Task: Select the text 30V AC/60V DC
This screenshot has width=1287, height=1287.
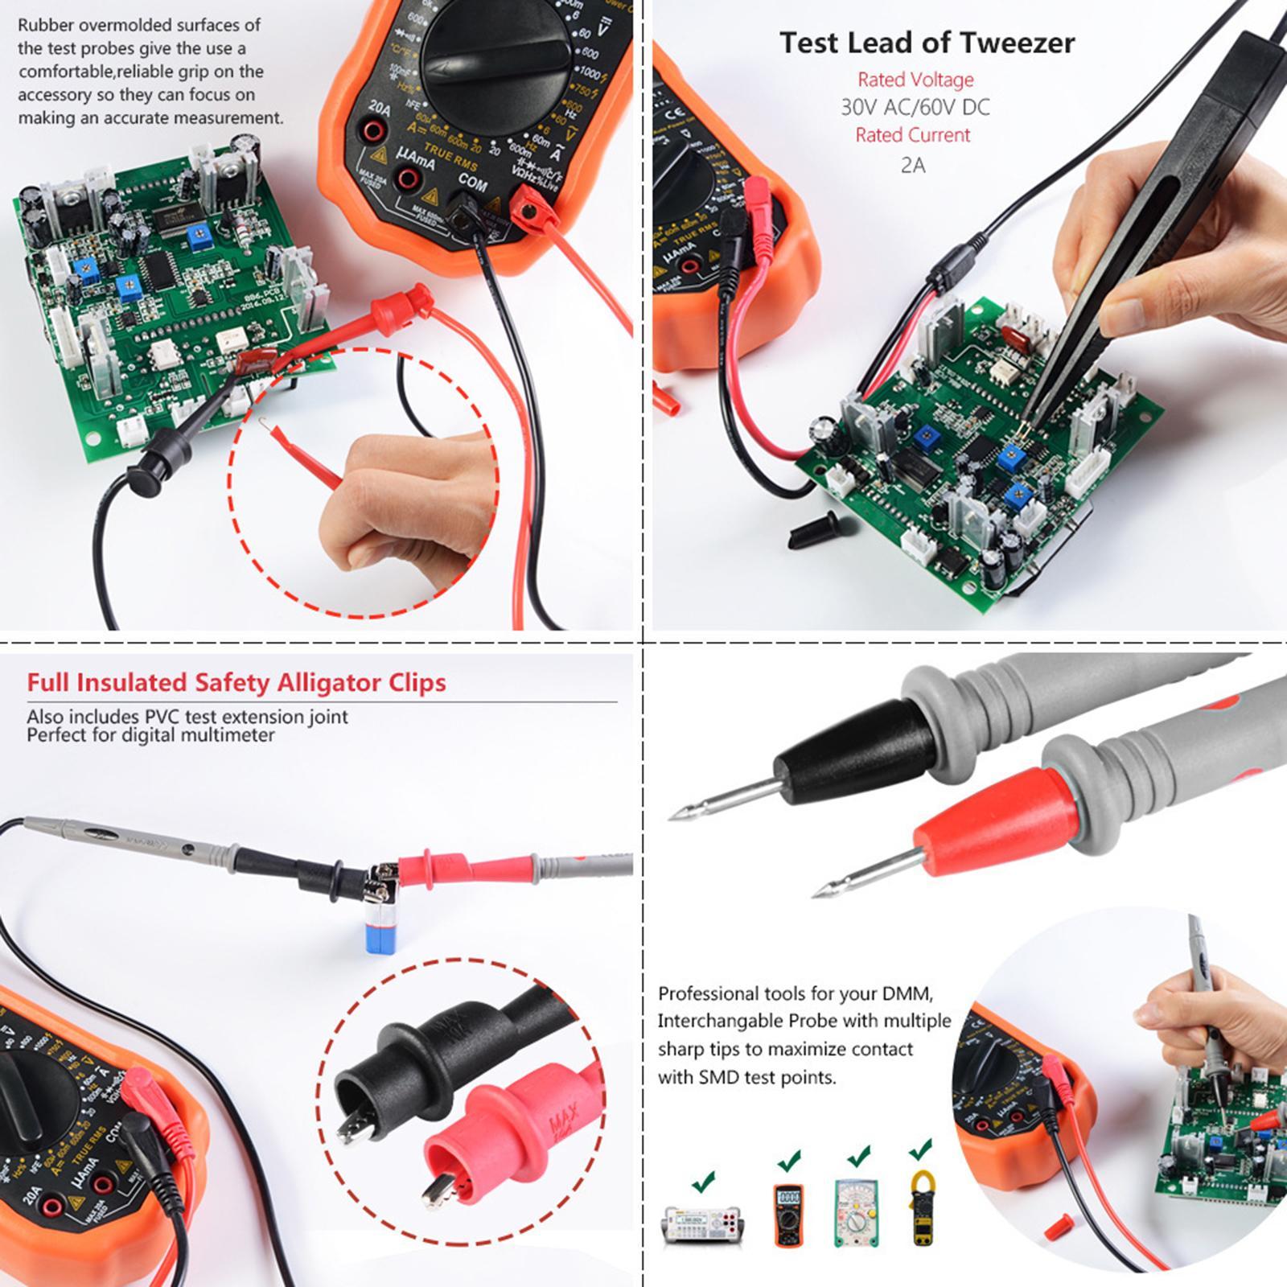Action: (915, 107)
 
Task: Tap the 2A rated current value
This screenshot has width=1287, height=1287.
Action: (913, 165)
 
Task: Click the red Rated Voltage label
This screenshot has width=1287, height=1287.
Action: (915, 80)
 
